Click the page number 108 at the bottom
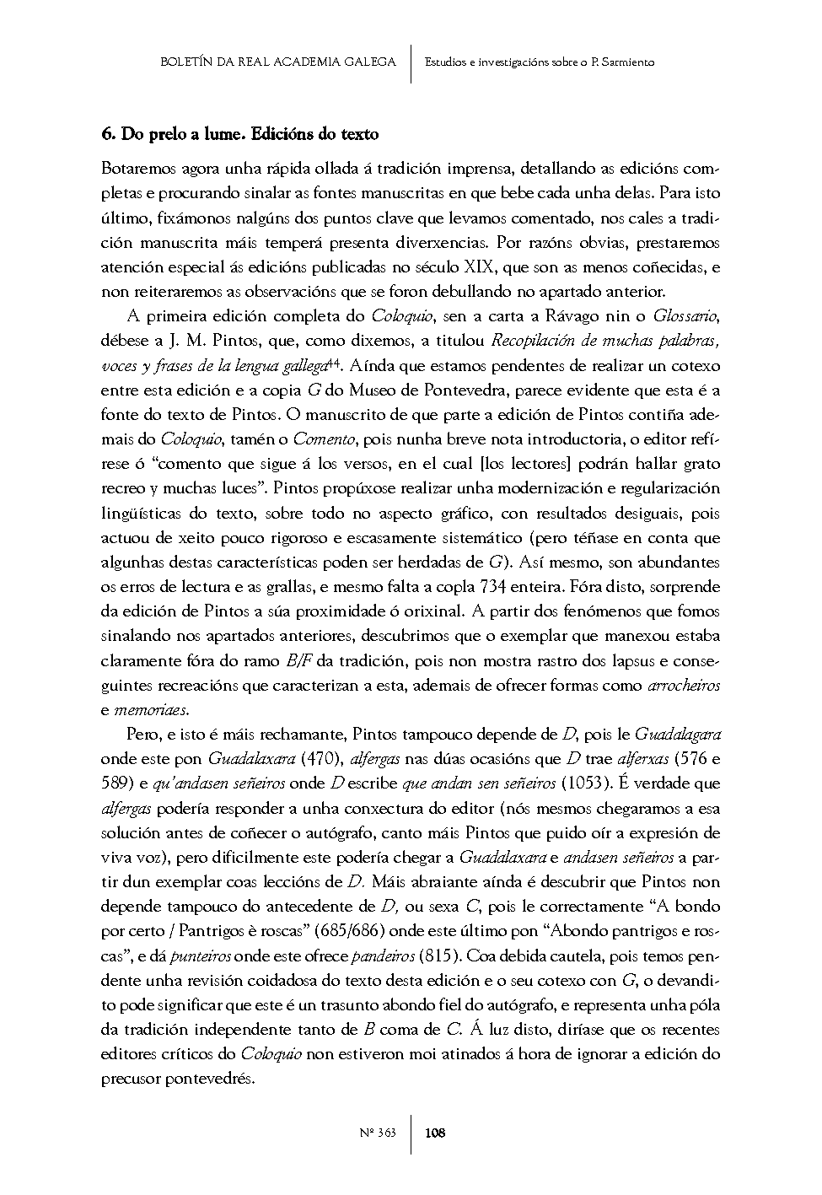point(436,1133)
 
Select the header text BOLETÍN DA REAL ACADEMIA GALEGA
point(278,62)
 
